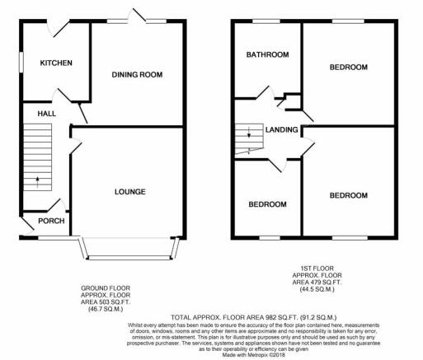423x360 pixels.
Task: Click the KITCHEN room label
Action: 56,63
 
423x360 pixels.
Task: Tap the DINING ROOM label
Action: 137,74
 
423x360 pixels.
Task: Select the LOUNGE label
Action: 130,192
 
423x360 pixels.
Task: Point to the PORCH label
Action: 51,221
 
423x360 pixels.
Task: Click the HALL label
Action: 47,114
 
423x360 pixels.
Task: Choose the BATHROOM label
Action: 267,54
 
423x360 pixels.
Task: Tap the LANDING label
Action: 281,129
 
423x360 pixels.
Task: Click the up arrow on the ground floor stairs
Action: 37,182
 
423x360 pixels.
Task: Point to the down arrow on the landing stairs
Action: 249,132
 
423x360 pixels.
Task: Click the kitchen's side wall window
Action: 21,63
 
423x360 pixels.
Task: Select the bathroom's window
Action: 266,21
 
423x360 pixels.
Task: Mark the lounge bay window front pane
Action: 129,258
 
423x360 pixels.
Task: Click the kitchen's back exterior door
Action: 58,27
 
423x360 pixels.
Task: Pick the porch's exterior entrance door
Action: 27,226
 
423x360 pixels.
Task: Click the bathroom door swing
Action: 266,93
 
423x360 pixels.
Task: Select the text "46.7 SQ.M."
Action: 106,309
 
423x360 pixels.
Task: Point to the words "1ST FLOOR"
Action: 317,269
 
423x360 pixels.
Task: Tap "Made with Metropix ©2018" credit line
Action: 254,355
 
